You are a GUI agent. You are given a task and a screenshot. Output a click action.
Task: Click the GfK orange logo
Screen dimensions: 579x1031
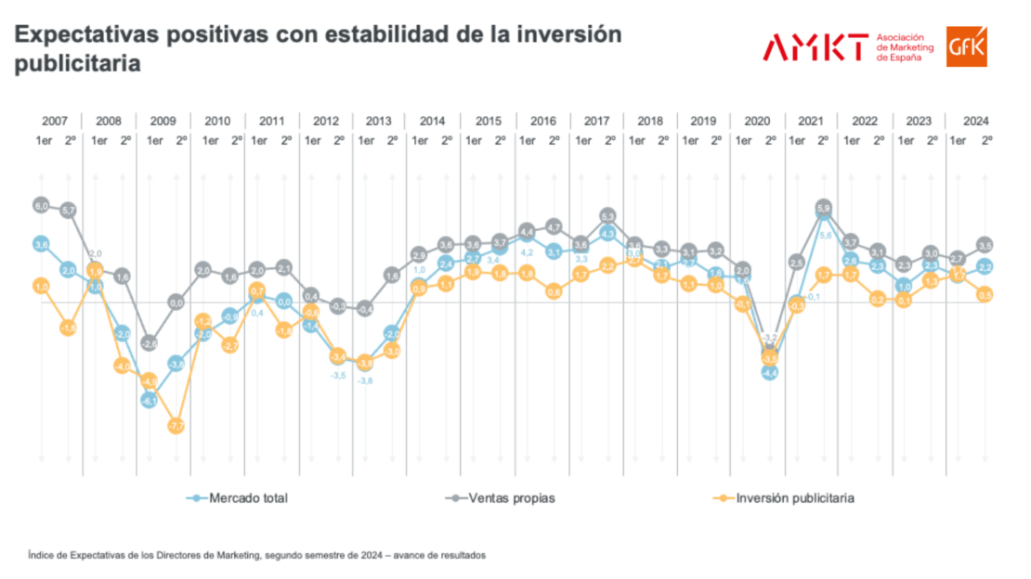966,46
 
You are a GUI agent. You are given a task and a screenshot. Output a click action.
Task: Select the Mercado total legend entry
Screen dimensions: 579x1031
236,498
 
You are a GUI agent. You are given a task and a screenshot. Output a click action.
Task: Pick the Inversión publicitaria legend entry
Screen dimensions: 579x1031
784,498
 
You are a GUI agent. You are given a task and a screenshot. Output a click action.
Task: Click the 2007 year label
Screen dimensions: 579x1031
55,122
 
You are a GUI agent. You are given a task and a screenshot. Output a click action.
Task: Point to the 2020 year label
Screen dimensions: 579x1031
757,122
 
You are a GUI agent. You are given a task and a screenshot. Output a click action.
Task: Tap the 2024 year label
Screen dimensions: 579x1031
975,122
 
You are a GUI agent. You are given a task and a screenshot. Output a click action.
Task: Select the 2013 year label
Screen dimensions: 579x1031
379,122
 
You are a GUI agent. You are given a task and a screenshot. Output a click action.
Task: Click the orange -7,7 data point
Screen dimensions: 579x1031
176,426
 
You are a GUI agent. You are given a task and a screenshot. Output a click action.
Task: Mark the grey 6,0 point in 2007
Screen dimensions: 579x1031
41,205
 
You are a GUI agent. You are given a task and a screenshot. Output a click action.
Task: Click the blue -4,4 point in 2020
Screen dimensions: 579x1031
769,372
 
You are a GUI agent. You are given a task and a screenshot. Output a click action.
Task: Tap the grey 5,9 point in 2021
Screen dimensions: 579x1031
823,207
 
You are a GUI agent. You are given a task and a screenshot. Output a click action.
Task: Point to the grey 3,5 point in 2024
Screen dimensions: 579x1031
985,245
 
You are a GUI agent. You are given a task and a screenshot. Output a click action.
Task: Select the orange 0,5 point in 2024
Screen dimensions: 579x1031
985,294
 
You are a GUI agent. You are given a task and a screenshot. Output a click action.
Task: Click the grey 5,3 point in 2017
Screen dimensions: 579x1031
608,216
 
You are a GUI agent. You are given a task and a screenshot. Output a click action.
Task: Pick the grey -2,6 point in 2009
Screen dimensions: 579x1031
150,343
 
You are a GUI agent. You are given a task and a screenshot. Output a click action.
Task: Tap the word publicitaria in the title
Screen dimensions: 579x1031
78,65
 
